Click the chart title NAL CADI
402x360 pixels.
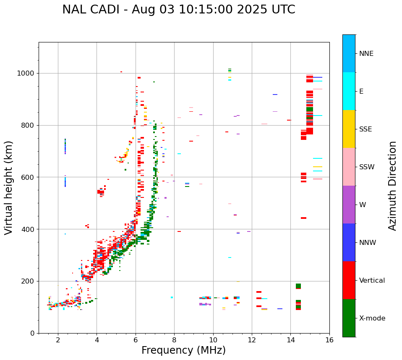click(x=178, y=10)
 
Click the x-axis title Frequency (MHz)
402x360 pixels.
click(x=183, y=350)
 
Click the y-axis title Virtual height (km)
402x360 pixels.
click(x=9, y=187)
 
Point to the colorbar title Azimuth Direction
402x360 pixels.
click(x=392, y=186)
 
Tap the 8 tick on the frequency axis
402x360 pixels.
click(x=174, y=340)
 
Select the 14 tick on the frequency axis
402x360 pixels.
click(x=290, y=340)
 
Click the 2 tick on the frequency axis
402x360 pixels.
click(x=58, y=340)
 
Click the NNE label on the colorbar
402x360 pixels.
click(x=366, y=54)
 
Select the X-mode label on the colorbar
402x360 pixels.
click(x=372, y=318)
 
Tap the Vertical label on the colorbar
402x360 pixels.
click(x=372, y=281)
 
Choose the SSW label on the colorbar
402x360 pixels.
click(x=367, y=167)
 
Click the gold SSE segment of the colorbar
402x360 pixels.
click(x=349, y=129)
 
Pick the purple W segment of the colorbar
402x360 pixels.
click(x=349, y=205)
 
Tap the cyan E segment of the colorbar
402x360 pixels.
click(x=349, y=91)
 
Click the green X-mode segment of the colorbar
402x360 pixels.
click(x=349, y=318)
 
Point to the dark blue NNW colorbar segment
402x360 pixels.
click(x=349, y=242)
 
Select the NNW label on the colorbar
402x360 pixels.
click(x=368, y=243)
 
